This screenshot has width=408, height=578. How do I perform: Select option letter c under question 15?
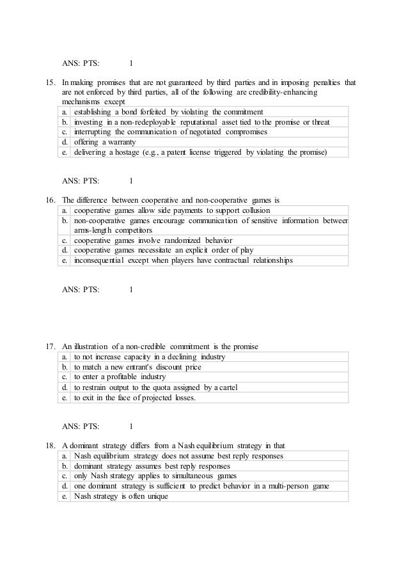pyautogui.click(x=65, y=132)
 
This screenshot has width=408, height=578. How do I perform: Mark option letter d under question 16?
pyautogui.click(x=65, y=251)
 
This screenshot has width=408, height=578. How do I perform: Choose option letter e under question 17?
pyautogui.click(x=65, y=397)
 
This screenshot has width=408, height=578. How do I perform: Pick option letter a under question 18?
pyautogui.click(x=65, y=456)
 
